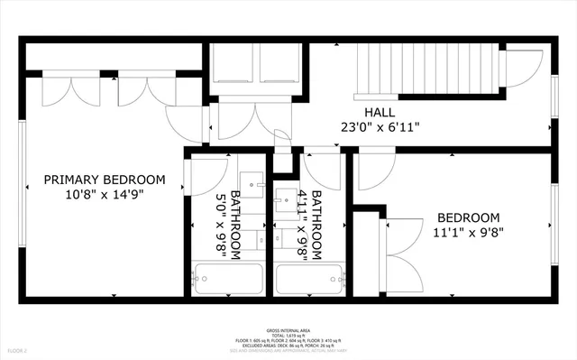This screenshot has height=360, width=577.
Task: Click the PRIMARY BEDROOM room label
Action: tap(105, 179)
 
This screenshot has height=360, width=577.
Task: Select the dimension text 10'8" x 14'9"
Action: tap(105, 193)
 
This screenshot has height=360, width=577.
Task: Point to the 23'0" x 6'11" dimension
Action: tap(380, 126)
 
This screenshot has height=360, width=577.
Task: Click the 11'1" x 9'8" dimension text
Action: tap(468, 232)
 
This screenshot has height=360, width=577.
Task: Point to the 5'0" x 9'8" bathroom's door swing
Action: tap(206, 173)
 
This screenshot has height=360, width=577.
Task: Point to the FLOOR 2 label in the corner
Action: tap(17, 349)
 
